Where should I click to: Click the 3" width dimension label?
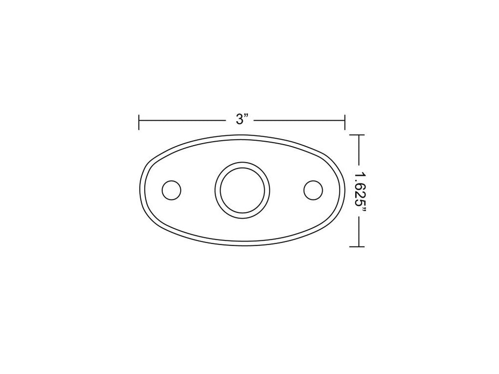click(242, 120)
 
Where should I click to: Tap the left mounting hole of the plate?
click(172, 190)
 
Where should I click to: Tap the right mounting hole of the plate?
click(313, 190)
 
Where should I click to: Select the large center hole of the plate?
click(243, 190)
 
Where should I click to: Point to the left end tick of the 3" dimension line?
click(139, 122)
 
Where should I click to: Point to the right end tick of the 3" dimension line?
click(345, 122)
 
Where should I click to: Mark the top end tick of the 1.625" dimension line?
click(357, 135)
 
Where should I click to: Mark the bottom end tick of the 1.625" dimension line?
click(357, 246)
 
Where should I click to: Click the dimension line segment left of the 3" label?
click(183, 121)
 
